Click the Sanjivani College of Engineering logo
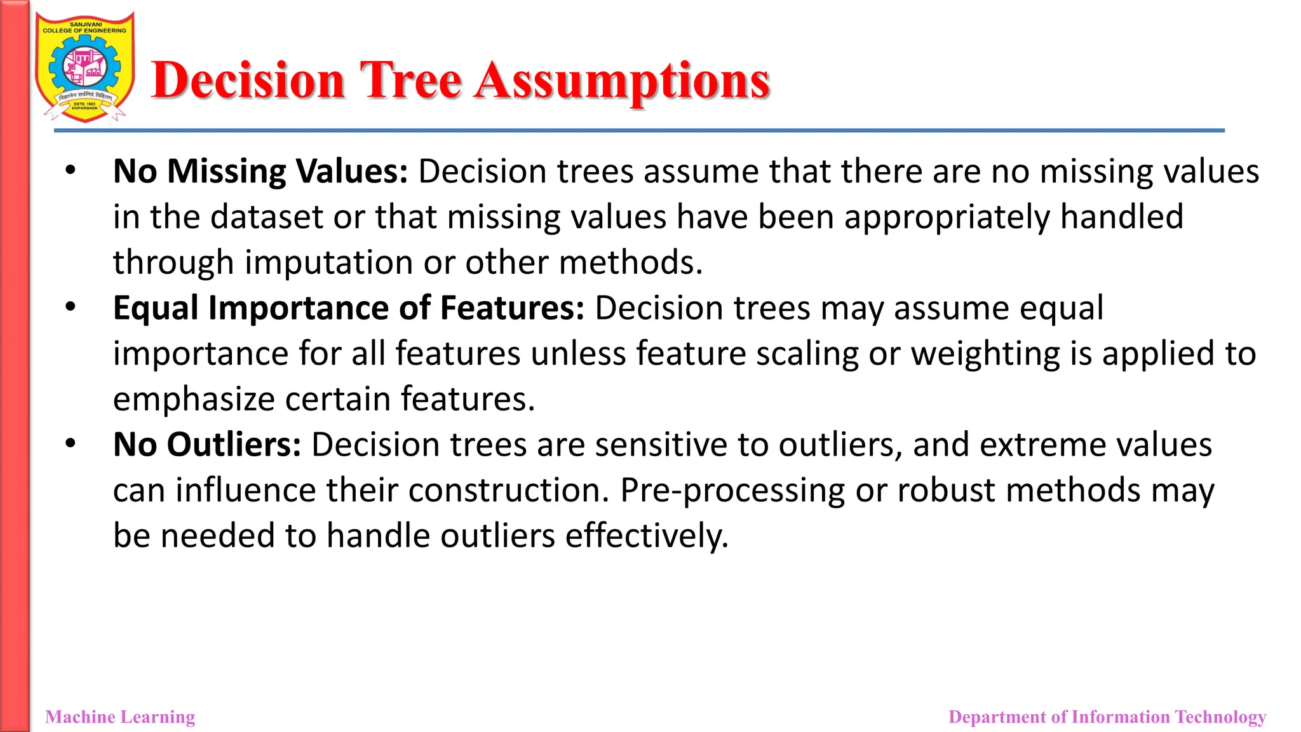pyautogui.click(x=85, y=67)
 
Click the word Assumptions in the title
pyautogui.click(x=623, y=81)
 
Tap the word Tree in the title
pyautogui.click(x=410, y=81)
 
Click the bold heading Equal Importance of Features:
pyautogui.click(x=348, y=308)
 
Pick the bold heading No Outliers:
pyautogui.click(x=207, y=445)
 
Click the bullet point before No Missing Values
pyautogui.click(x=71, y=171)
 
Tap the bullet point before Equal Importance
pyautogui.click(x=71, y=308)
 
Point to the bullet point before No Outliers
pyautogui.click(x=71, y=444)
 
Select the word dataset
pyautogui.click(x=267, y=217)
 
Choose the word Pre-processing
pyautogui.click(x=732, y=491)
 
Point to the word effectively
pyautogui.click(x=647, y=536)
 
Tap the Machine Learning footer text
pyautogui.click(x=120, y=717)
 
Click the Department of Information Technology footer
pyautogui.click(x=1107, y=717)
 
